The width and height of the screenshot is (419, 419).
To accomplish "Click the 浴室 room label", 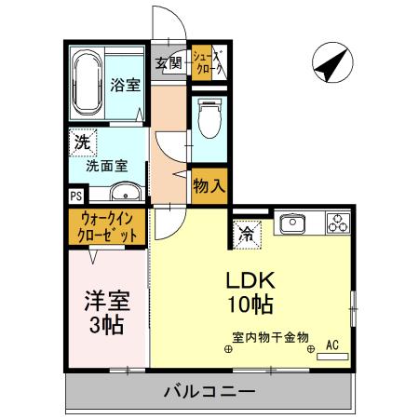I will point(126,85).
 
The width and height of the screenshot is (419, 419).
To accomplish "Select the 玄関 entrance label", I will point(169,63).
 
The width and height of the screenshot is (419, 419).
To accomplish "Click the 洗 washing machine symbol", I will point(82,144).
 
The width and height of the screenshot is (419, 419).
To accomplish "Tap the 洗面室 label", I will point(107,168).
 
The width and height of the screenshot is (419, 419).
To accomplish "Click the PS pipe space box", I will point(75,196).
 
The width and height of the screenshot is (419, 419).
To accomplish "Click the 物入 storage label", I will point(209,185).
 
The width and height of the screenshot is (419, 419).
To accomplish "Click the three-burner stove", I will point(337,223).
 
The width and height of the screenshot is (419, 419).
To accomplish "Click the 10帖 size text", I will point(247,304).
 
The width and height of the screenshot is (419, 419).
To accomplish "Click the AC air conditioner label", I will point(332,344).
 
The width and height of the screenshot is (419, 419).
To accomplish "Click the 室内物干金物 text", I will point(270,338).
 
